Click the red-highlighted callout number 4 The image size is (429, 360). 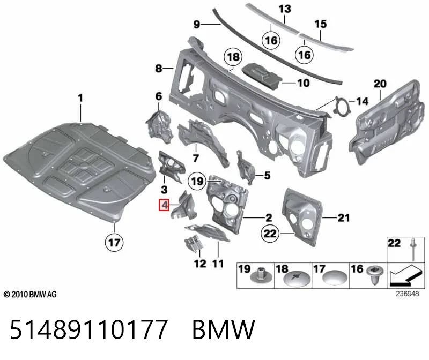point(164,205)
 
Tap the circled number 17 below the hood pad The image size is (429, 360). point(114,243)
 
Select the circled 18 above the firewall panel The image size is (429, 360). point(233,57)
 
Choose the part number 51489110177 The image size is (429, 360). point(88,329)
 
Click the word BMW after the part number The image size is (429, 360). point(224,329)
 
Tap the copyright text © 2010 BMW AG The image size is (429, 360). point(30,295)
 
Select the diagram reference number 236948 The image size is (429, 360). point(407,294)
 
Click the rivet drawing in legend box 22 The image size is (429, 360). point(413,249)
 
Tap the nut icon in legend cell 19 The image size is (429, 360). point(261,275)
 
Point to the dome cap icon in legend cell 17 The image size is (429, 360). point(335,277)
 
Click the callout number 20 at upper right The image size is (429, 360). point(380,84)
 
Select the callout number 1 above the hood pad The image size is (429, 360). point(80,98)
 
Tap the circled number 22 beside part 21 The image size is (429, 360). point(270,234)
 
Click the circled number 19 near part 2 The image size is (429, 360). point(197,181)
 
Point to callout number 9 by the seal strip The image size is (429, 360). point(197,24)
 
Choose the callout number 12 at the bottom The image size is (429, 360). point(200,264)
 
